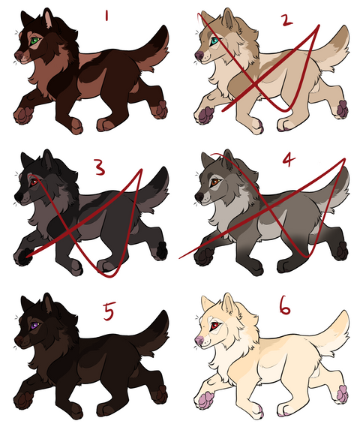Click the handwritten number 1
pos(106,16)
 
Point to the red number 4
pos(289,159)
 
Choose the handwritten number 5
pos(109,311)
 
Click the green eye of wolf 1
pos(34,41)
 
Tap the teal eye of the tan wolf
pos(214,42)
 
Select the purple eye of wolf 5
pos(34,326)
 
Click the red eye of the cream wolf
pos(214,326)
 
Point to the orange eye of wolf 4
pos(214,182)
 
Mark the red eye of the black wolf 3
pos(34,182)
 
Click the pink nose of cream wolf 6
pos(199,341)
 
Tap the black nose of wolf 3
pos(19,197)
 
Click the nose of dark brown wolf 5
pos(19,341)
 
